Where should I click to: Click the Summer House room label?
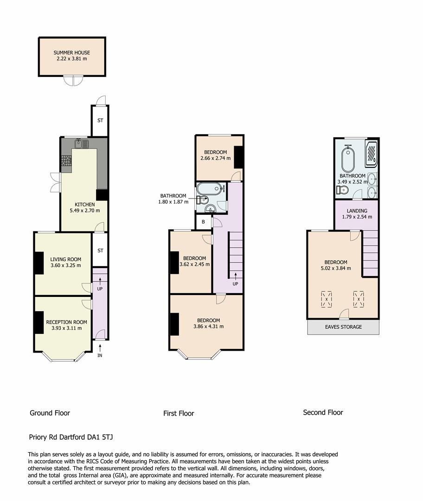tap(71, 53)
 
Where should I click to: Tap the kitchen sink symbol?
tap(82, 143)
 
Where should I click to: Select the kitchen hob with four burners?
tap(66, 161)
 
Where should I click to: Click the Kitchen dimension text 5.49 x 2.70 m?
tap(85, 211)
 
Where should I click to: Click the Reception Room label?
tap(66, 322)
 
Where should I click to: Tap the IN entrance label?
tap(100, 356)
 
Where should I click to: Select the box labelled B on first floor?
tap(203, 222)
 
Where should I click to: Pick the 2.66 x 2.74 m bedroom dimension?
tap(215, 159)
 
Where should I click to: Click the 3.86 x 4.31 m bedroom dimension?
tap(208, 326)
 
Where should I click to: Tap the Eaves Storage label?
tap(343, 327)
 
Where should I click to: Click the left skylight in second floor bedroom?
tap(327, 299)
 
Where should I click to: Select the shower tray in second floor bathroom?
tap(372, 154)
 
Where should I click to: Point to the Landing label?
tap(357, 211)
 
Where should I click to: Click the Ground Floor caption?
tap(50, 413)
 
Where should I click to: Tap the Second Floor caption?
tap(323, 412)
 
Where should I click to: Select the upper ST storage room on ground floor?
tap(100, 121)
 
